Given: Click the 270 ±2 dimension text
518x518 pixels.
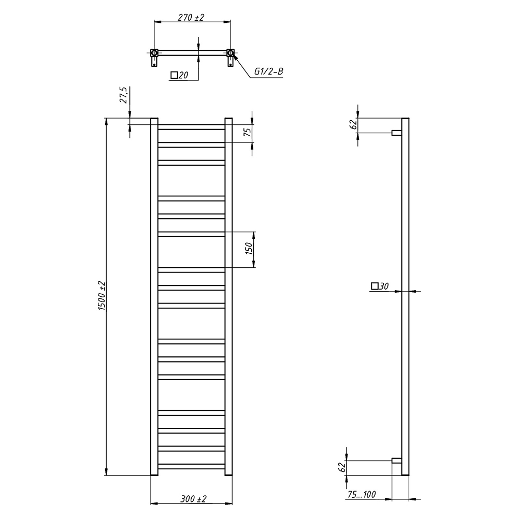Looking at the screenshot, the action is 191,17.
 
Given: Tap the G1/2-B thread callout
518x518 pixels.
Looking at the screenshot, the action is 268,71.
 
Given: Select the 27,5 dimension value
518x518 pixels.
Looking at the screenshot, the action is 124,95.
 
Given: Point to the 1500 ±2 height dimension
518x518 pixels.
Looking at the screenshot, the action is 102,296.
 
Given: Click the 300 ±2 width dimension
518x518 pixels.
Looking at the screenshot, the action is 193,499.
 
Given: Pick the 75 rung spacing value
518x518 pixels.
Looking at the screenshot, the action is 248,132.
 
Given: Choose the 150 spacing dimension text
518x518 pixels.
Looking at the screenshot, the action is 249,248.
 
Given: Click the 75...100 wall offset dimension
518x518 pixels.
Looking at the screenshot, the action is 362,494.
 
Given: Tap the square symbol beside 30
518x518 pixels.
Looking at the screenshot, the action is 375,286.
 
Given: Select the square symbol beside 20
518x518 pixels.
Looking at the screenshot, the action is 174,75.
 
